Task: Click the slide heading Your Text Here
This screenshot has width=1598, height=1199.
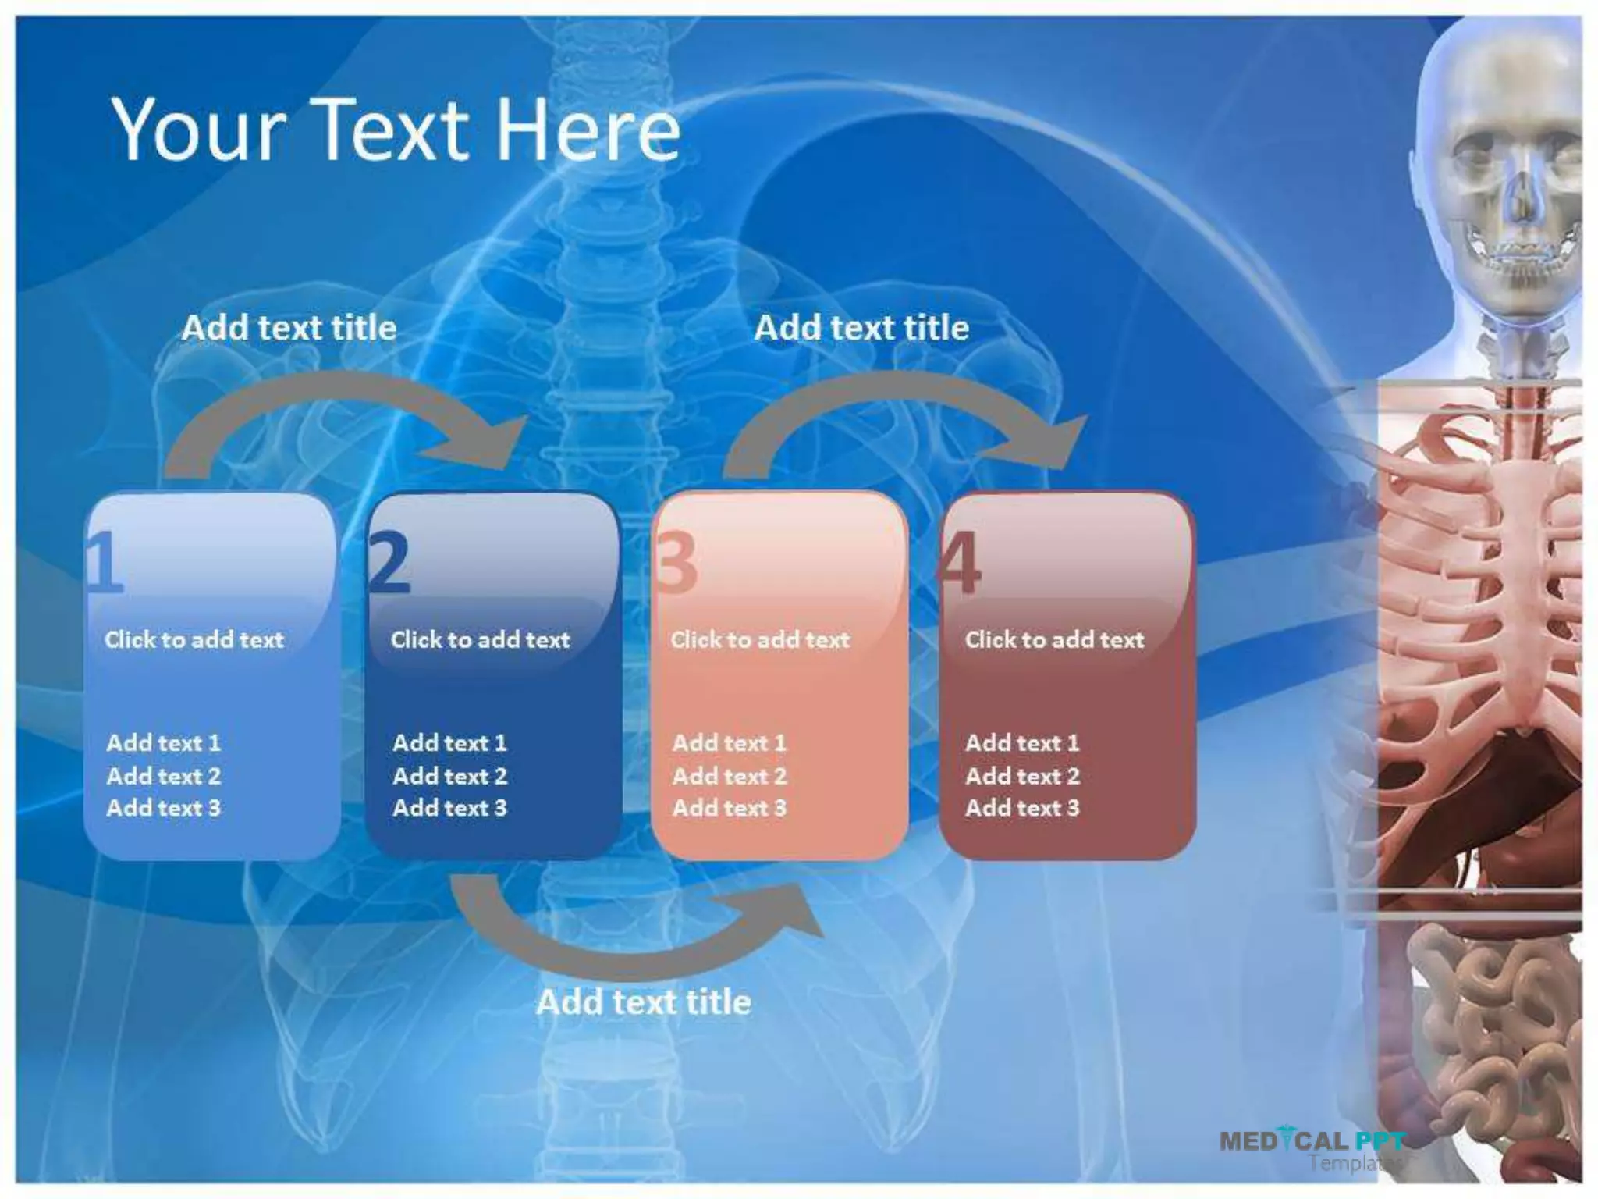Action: coord(396,130)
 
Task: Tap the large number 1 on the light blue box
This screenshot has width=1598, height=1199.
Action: coord(105,562)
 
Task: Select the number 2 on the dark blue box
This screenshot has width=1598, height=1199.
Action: coord(389,562)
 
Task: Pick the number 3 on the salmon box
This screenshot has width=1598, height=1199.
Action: coord(676,562)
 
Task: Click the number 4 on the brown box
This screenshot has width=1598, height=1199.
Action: coord(960,562)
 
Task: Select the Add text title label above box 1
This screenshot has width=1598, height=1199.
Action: coord(289,328)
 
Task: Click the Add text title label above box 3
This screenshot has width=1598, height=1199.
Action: coord(861,328)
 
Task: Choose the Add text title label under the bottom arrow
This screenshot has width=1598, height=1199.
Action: coord(644,1002)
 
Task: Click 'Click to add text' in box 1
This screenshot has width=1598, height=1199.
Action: coord(194,640)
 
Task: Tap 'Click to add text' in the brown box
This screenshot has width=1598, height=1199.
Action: coord(1054,640)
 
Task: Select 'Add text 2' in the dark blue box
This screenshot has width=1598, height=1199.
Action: coord(450,776)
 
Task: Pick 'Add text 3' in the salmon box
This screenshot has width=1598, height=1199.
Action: coord(730,808)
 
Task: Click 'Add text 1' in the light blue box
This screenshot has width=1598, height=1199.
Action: coord(164,743)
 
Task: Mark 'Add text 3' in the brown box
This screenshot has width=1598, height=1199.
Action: coord(1022,808)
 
